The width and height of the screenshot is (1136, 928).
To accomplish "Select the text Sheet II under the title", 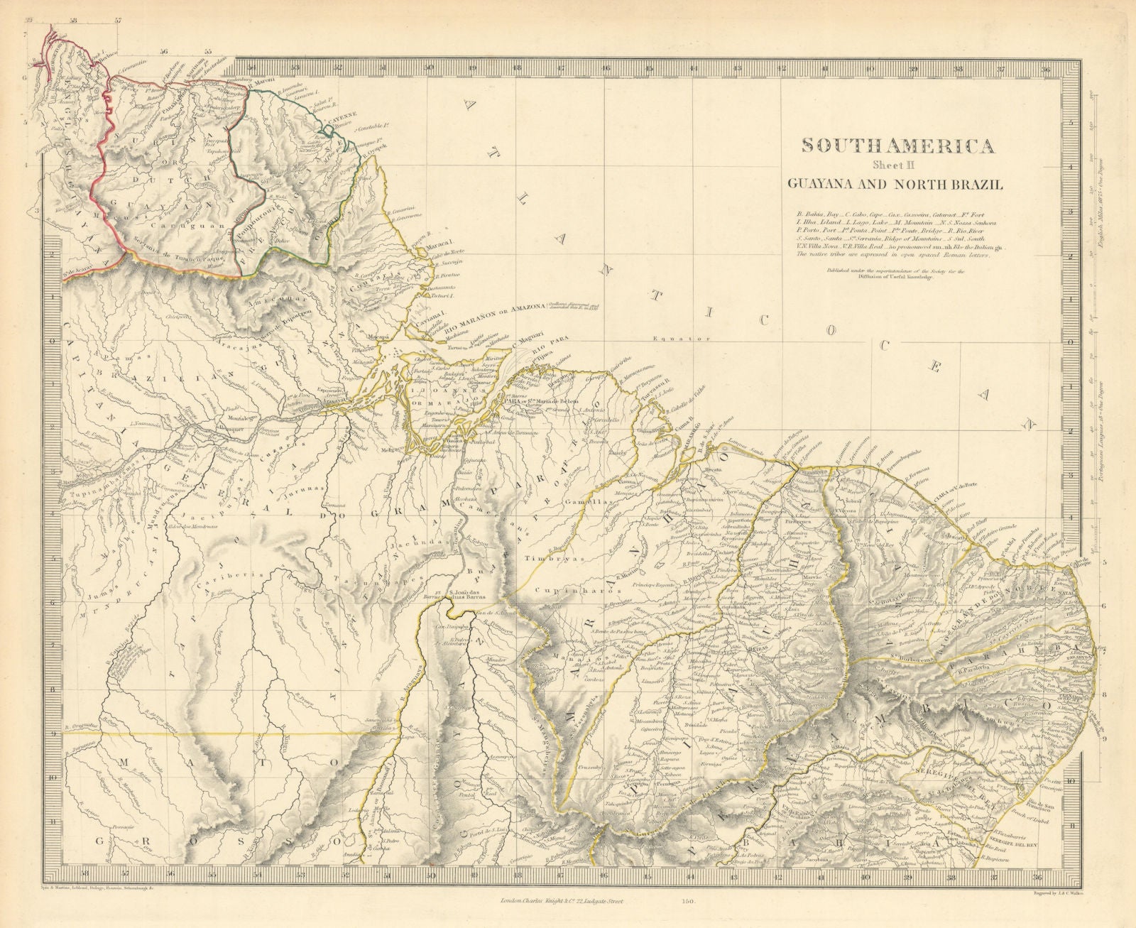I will (x=897, y=167).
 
